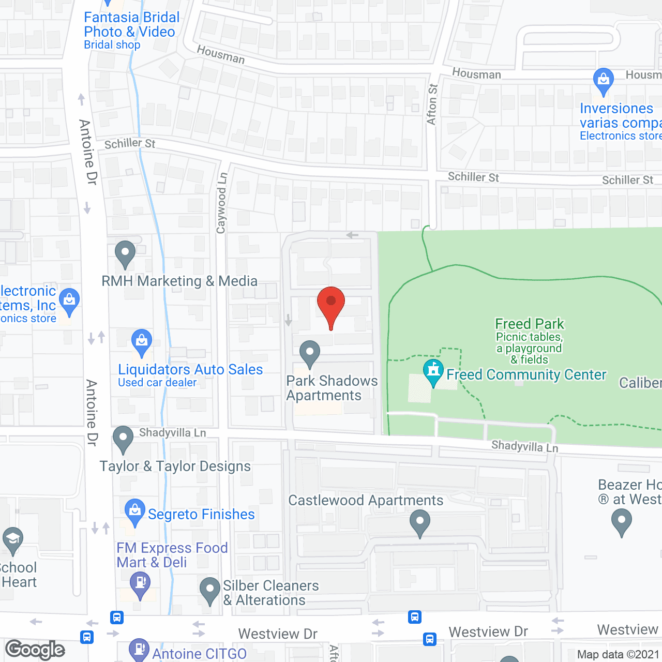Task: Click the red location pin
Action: pyautogui.click(x=330, y=303)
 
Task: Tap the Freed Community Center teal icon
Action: pyautogui.click(x=433, y=370)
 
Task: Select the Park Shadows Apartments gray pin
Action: pyautogui.click(x=310, y=352)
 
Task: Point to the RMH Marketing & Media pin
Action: pyautogui.click(x=125, y=253)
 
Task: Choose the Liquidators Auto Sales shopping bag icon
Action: pyautogui.click(x=141, y=341)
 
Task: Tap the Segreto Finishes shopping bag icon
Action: pyautogui.click(x=135, y=510)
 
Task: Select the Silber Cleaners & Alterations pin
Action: pyautogui.click(x=210, y=589)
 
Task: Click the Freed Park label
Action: pyautogui.click(x=529, y=324)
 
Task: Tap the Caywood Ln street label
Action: pyautogui.click(x=221, y=203)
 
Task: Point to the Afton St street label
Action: pyautogui.click(x=432, y=104)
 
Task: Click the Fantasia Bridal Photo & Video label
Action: pyautogui.click(x=131, y=25)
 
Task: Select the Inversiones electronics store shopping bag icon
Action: pyautogui.click(x=603, y=80)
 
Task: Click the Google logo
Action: pyautogui.click(x=35, y=650)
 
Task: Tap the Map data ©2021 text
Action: pyautogui.click(x=618, y=655)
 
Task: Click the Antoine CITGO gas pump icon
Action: pyautogui.click(x=139, y=649)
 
